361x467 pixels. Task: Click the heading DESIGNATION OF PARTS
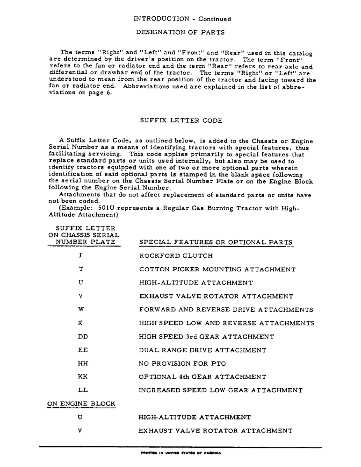pyautogui.click(x=180, y=32)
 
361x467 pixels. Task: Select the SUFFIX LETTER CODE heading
pyautogui.click(x=181, y=120)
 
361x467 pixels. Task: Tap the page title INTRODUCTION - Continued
pyautogui.click(x=182, y=19)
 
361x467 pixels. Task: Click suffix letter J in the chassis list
pyautogui.click(x=81, y=256)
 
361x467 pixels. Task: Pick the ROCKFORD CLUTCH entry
pyautogui.click(x=176, y=256)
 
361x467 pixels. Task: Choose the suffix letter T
pyautogui.click(x=81, y=269)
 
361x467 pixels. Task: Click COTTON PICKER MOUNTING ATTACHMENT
pyautogui.click(x=217, y=269)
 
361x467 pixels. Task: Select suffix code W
pyautogui.click(x=81, y=310)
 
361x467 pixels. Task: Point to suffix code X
pyautogui.click(x=81, y=323)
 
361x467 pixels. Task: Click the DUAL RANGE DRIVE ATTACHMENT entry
pyautogui.click(x=202, y=350)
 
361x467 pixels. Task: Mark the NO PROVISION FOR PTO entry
pyautogui.click(x=182, y=363)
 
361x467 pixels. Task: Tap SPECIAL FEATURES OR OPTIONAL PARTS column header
pyautogui.click(x=216, y=242)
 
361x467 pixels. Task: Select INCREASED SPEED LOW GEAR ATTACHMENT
pyautogui.click(x=221, y=390)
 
